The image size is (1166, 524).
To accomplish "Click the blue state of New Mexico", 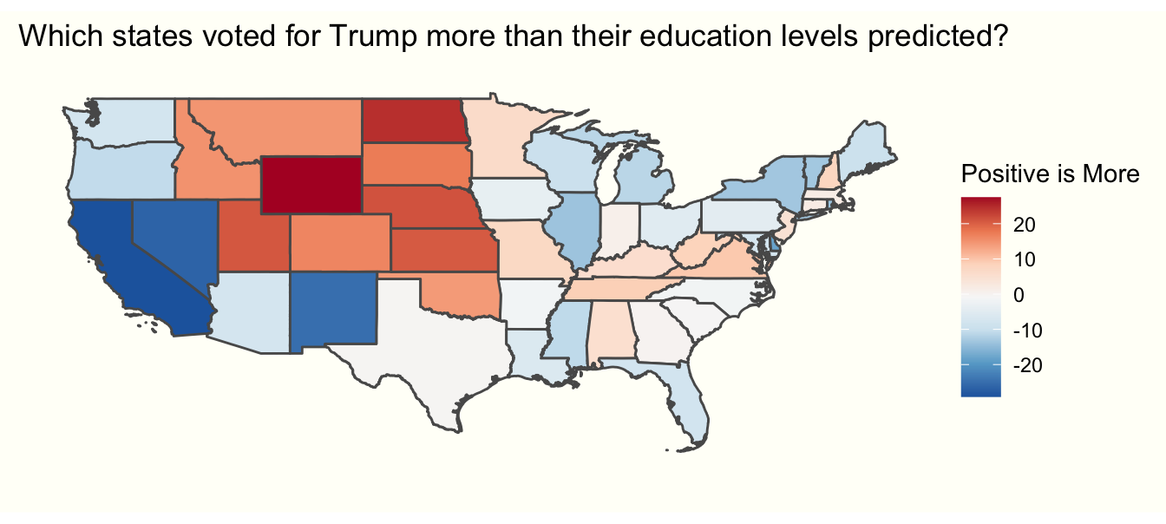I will point(334,308).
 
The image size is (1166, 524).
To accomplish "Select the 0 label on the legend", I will point(1018,296).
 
